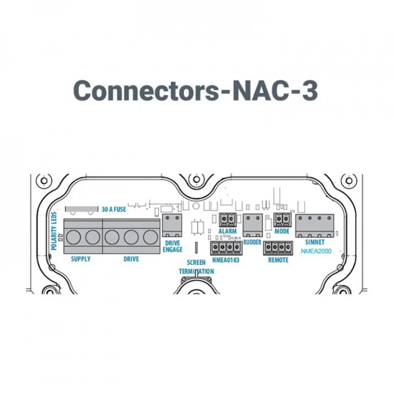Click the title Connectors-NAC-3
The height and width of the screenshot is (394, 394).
tap(195, 90)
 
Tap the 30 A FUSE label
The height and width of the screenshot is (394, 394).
tap(114, 209)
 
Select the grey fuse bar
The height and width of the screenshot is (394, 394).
tap(81, 209)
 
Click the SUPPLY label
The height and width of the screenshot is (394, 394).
tap(81, 259)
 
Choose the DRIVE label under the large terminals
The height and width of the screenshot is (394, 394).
tap(131, 259)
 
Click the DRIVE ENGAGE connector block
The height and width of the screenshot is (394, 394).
tap(172, 226)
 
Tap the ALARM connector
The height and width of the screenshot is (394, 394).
tap(228, 220)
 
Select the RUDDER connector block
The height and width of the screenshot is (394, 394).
tap(252, 225)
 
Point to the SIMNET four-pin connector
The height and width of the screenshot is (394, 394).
tap(315, 226)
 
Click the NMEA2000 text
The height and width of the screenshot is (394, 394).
tap(316, 251)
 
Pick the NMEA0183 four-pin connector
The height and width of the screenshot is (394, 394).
tap(226, 248)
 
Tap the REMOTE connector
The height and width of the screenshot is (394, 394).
tap(278, 248)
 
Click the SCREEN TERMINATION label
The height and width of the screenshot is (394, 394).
tap(196, 267)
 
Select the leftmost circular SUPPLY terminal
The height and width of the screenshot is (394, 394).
tap(73, 237)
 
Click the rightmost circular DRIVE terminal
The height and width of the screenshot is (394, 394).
tap(150, 237)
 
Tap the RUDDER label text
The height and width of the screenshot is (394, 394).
tap(252, 242)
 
